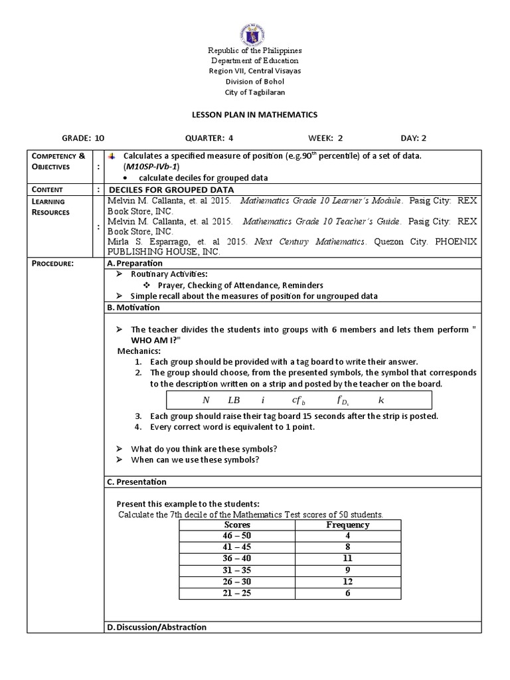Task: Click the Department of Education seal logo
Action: [x=254, y=27]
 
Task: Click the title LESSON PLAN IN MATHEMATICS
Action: [x=255, y=115]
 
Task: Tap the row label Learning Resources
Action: [x=51, y=206]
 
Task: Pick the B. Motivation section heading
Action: [x=133, y=307]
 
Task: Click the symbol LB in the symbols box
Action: [x=234, y=400]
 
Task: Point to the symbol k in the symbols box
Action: [x=381, y=400]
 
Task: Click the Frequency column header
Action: [x=347, y=525]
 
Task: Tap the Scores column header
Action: [x=237, y=525]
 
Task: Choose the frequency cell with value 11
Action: [x=347, y=558]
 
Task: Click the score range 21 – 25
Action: [x=237, y=592]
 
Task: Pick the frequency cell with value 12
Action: [x=347, y=581]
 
